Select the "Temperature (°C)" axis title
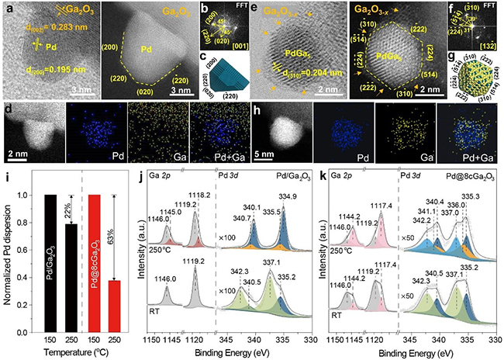click(x=102, y=354)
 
